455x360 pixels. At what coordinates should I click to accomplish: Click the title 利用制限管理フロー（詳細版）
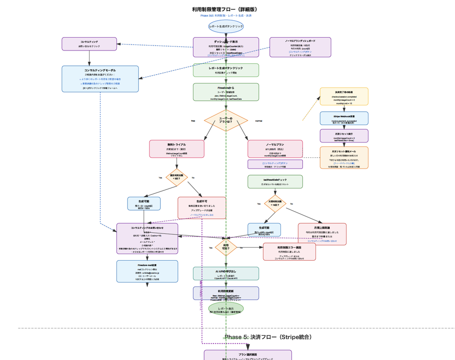[226, 9]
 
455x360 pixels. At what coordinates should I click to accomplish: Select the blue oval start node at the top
[226, 27]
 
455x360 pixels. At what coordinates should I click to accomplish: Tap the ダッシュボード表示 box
[226, 47]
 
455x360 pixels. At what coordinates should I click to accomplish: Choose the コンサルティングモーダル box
[100, 79]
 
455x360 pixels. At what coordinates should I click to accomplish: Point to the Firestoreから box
[226, 92]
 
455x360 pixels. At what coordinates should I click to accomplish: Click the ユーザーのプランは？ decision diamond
[226, 121]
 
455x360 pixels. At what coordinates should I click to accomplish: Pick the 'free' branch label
[193, 121]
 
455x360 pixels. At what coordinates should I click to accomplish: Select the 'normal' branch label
[258, 121]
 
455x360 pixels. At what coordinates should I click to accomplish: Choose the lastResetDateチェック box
[274, 181]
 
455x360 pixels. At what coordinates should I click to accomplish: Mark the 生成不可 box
[201, 208]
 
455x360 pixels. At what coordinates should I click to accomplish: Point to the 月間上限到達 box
[321, 234]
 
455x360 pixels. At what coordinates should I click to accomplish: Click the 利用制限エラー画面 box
[289, 252]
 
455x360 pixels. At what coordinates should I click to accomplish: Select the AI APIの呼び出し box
[226, 273]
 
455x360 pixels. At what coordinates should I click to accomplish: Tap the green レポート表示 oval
[226, 309]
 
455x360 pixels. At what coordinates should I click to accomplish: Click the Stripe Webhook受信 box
[344, 118]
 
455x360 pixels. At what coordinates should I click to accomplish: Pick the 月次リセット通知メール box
[344, 157]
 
